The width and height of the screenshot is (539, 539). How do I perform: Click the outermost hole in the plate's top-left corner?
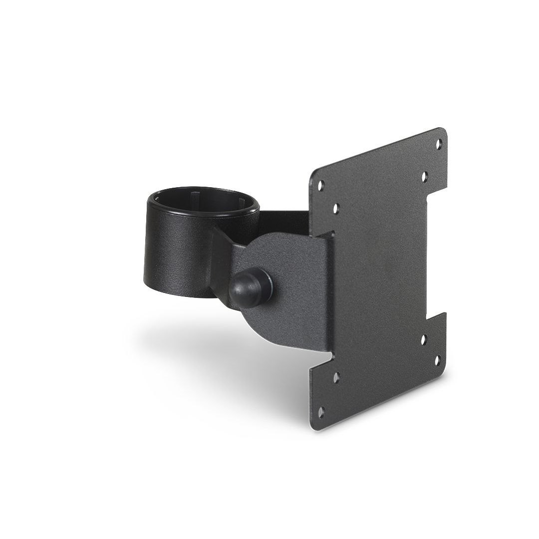click(x=321, y=184)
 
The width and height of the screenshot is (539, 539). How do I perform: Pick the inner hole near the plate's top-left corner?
click(x=335, y=206)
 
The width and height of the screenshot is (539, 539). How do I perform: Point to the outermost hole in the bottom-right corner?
click(x=438, y=359)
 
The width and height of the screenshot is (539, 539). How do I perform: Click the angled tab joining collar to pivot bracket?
click(x=222, y=255)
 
